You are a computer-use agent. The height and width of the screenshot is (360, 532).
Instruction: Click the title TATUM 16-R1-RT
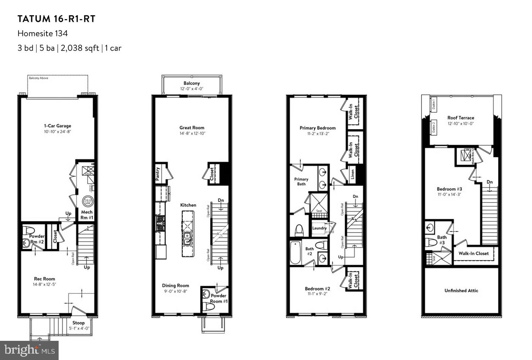(57, 19)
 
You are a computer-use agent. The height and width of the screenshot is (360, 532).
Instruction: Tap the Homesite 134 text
(42, 33)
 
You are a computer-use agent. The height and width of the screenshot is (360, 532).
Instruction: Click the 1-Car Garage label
(57, 126)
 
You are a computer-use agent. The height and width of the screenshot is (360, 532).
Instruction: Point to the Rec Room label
(44, 279)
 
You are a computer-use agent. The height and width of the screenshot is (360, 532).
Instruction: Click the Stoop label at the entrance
(78, 323)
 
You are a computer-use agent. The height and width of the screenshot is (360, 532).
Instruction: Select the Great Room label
(192, 127)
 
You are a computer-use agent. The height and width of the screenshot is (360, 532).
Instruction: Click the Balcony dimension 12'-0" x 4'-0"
(192, 89)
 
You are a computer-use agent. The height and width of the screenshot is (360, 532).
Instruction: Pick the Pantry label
(158, 173)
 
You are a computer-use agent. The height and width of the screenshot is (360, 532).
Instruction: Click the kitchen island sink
(187, 239)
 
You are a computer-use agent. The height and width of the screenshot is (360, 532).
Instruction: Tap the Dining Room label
(175, 285)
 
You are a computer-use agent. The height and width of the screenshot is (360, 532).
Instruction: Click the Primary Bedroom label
(317, 128)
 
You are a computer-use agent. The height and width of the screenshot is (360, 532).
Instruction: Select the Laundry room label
(319, 228)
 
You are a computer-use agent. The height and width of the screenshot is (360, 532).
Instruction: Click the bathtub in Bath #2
(295, 253)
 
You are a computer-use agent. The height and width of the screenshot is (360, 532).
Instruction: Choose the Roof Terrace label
(461, 118)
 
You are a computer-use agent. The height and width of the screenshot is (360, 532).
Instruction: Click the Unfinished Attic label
(461, 291)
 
